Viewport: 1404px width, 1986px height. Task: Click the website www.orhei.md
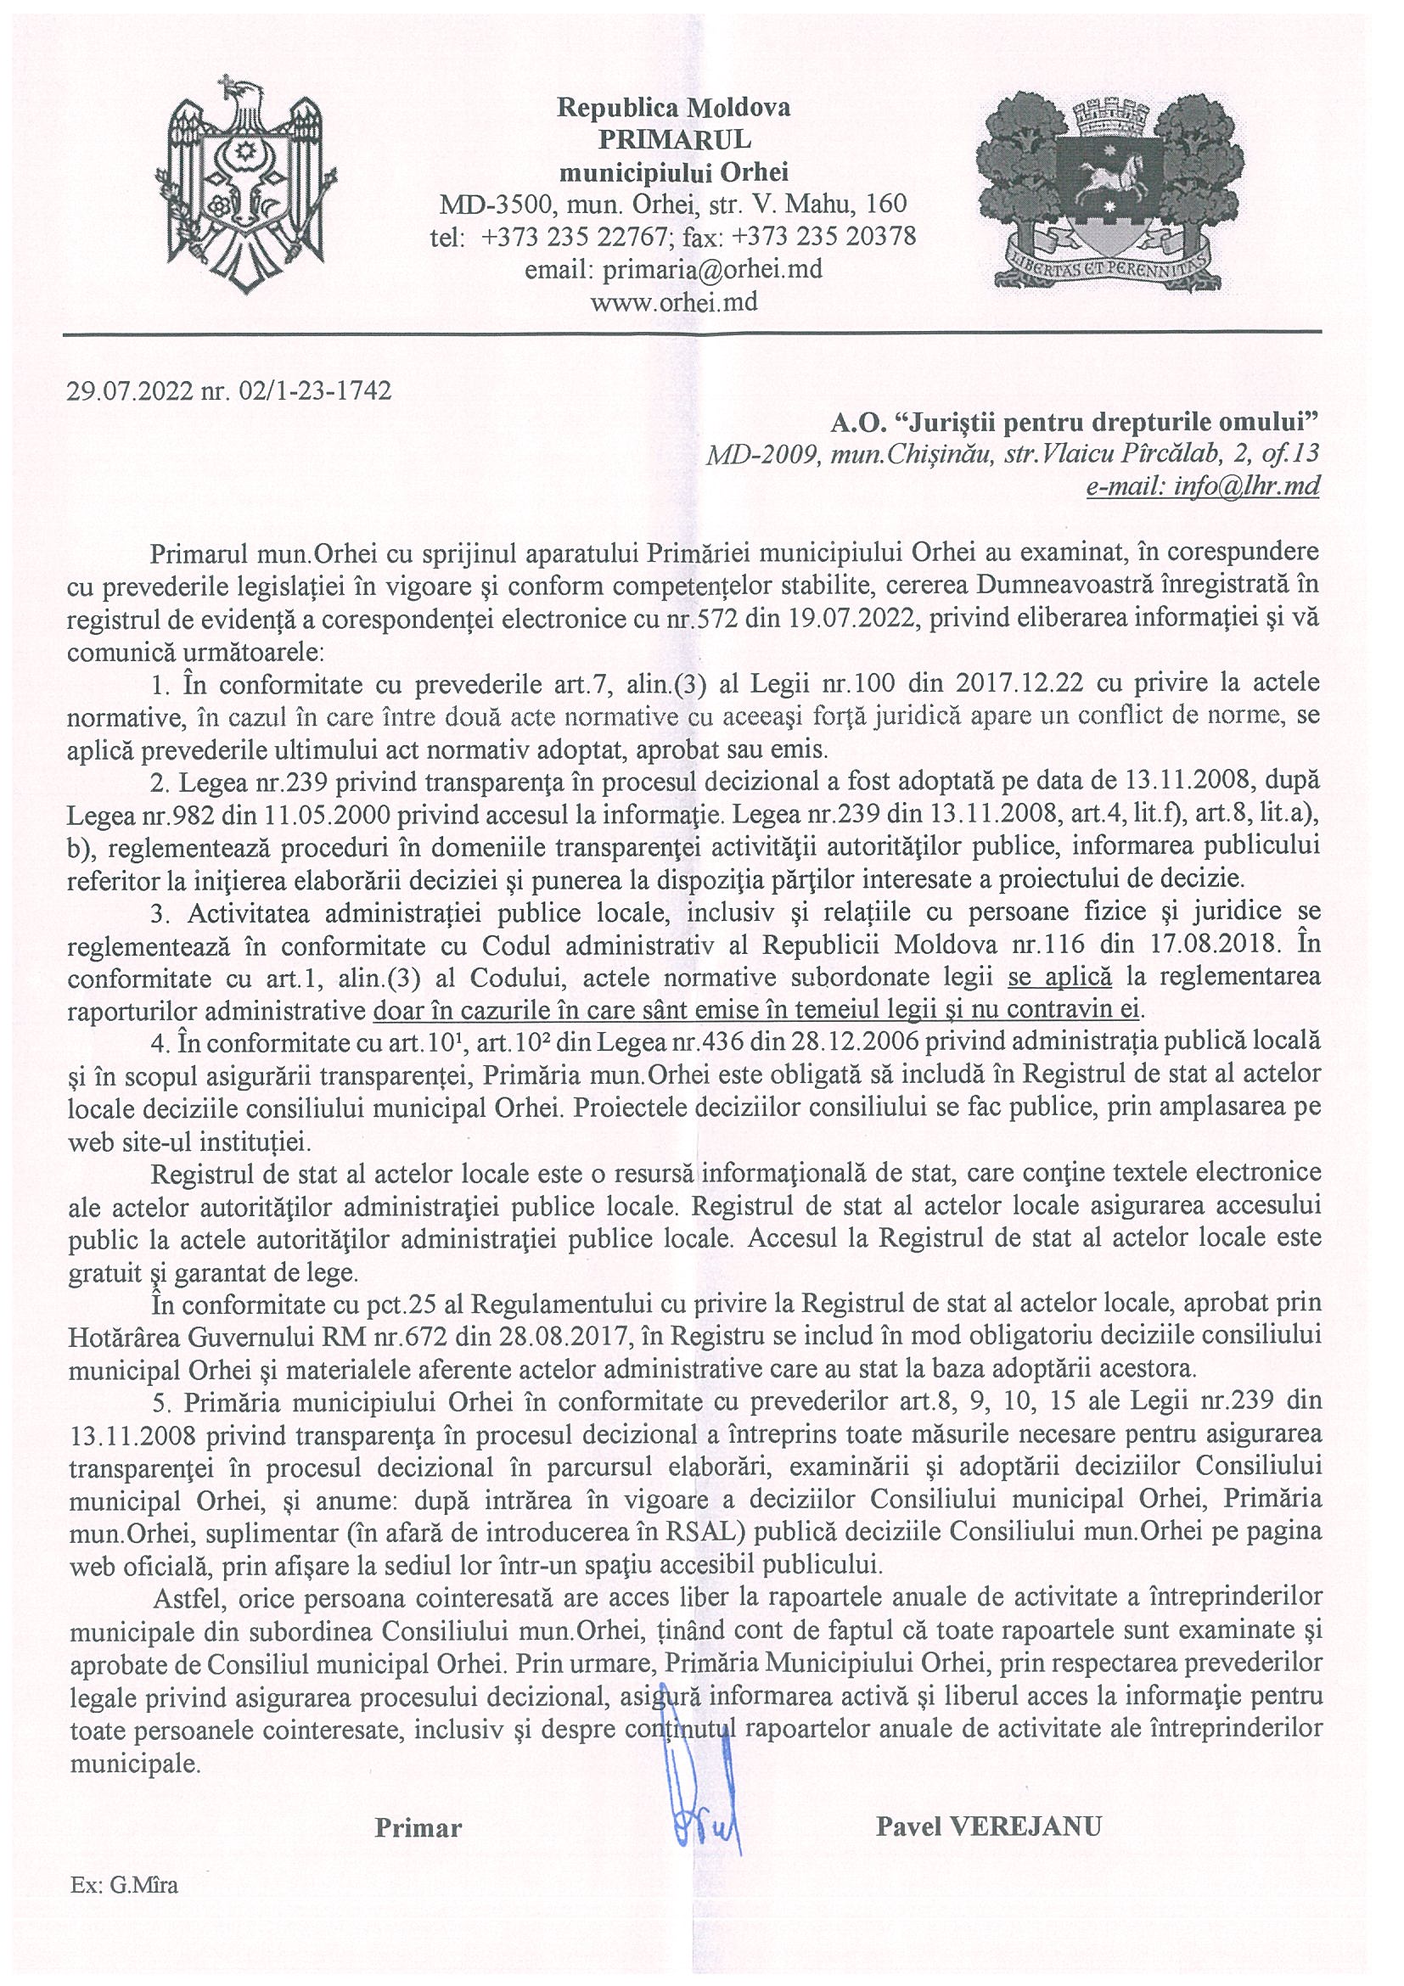672,302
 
